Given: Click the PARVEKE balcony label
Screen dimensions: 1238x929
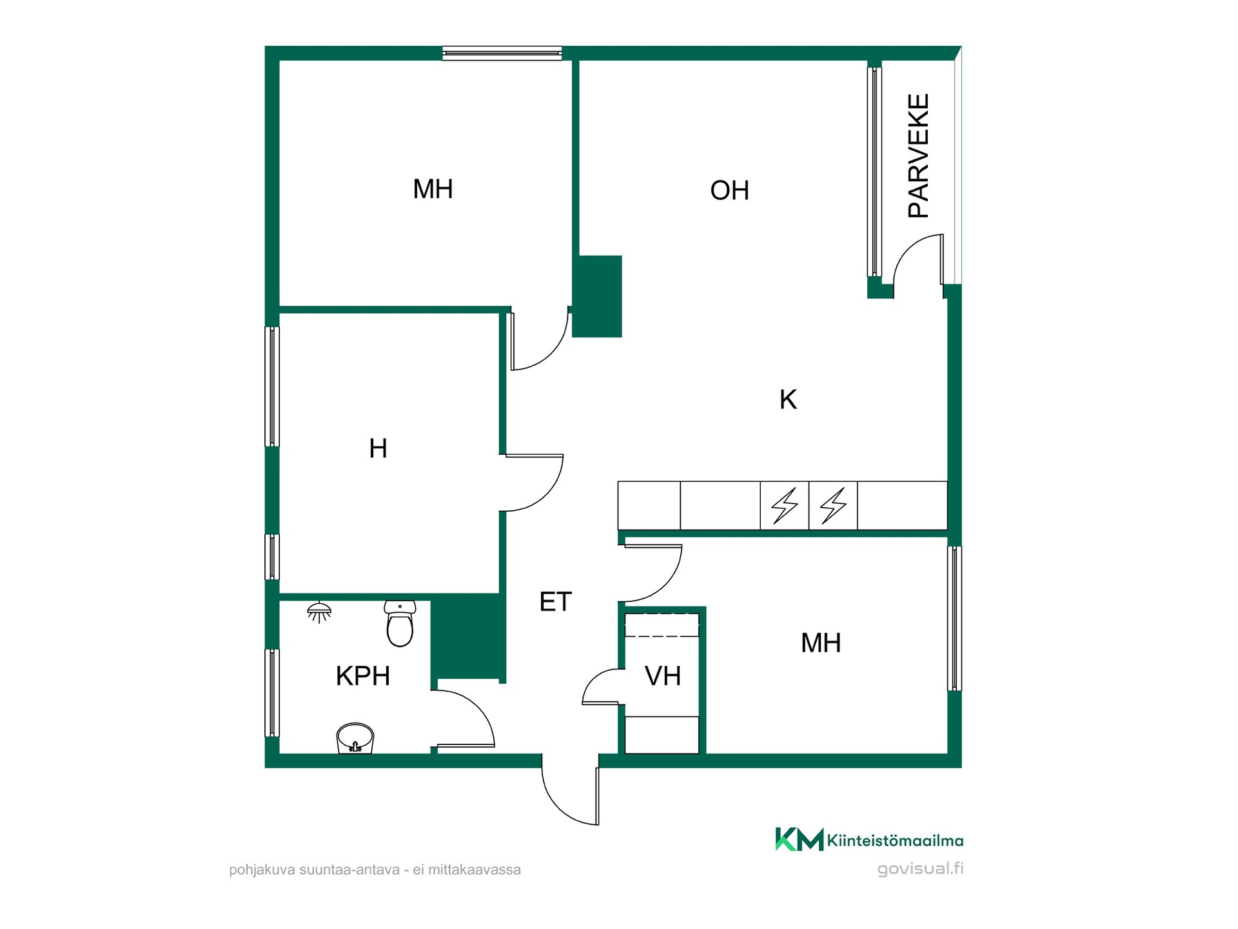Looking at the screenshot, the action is [918, 155].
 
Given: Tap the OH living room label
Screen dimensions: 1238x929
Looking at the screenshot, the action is [729, 190].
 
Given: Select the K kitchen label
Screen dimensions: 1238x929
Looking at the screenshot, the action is [788, 399].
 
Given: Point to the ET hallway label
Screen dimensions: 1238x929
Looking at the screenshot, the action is [555, 602].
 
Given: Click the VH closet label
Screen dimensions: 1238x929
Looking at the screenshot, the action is [663, 676].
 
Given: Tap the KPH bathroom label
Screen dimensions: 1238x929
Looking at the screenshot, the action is [363, 676].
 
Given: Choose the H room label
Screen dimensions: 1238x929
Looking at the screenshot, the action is [378, 448].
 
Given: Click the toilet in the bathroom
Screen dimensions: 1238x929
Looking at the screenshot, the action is [400, 623].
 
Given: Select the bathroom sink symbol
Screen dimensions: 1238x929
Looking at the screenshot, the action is [355, 738].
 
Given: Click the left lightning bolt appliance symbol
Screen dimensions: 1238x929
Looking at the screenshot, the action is [785, 505].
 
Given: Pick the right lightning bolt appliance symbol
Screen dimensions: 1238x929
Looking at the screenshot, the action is [833, 505].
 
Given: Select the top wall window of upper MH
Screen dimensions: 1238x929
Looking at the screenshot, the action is [502, 53].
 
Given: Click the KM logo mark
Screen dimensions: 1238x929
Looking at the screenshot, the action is [799, 839].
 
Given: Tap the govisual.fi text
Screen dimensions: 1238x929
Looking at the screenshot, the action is [920, 869].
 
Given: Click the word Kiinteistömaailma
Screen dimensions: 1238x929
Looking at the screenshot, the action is [895, 841].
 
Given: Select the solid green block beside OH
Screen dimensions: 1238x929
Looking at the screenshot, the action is [597, 296].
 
